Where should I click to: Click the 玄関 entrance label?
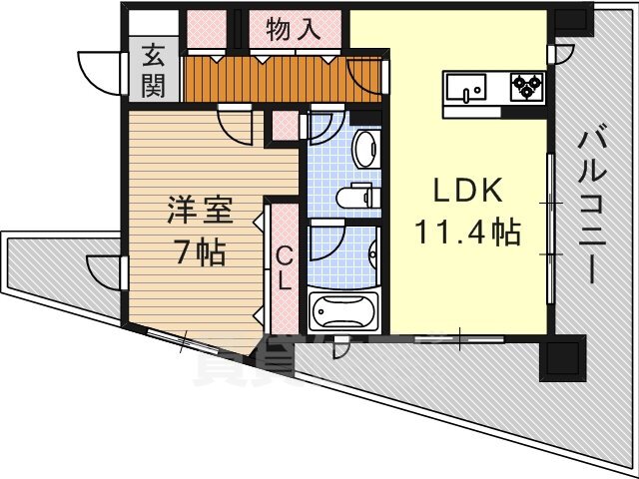pos(153,71)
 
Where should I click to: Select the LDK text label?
pos(467,191)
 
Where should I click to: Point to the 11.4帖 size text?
pos(467,233)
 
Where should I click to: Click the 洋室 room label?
pos(200,210)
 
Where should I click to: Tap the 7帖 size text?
pos(201,251)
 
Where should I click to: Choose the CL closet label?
pos(284,268)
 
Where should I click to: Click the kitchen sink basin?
pos(466,87)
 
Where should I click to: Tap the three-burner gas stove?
pos(527,87)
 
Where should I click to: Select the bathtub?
pos(343,310)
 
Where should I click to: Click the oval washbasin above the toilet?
pos(365,149)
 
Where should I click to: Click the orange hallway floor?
pos(282,79)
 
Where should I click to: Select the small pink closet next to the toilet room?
pos(285,125)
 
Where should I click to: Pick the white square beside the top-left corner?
pos(154,23)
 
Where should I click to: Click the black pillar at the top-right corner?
pos(570,20)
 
